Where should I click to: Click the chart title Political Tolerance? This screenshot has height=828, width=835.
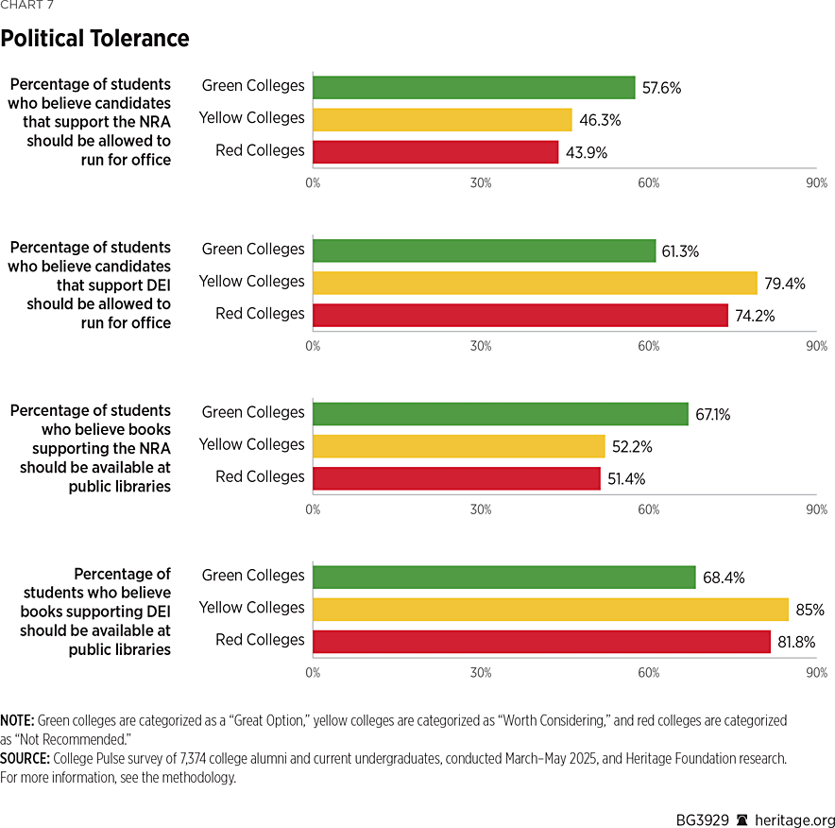pyautogui.click(x=94, y=39)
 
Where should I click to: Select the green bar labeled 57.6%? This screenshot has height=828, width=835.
pyautogui.click(x=473, y=87)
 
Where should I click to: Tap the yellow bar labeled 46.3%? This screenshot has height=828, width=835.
pyautogui.click(x=442, y=119)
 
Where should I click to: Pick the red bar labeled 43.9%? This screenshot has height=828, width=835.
pyautogui.click(x=435, y=151)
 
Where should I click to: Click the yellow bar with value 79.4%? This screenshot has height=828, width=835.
pyautogui.click(x=535, y=283)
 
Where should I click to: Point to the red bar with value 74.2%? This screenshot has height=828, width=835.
pyautogui.click(x=520, y=315)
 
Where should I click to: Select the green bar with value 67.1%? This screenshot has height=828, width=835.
pyautogui.click(x=501, y=414)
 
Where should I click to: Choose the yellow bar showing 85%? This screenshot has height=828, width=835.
pyautogui.click(x=551, y=609)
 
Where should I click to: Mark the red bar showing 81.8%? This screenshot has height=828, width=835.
pyautogui.click(x=541, y=641)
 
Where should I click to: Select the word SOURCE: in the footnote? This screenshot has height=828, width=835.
pyautogui.click(x=26, y=758)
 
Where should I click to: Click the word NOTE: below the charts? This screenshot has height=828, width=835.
pyautogui.click(x=17, y=720)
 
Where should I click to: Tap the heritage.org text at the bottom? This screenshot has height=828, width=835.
pyautogui.click(x=794, y=819)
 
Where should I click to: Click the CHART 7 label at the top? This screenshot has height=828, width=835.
pyautogui.click(x=26, y=6)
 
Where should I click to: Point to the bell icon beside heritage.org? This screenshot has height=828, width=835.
pyautogui.click(x=742, y=819)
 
